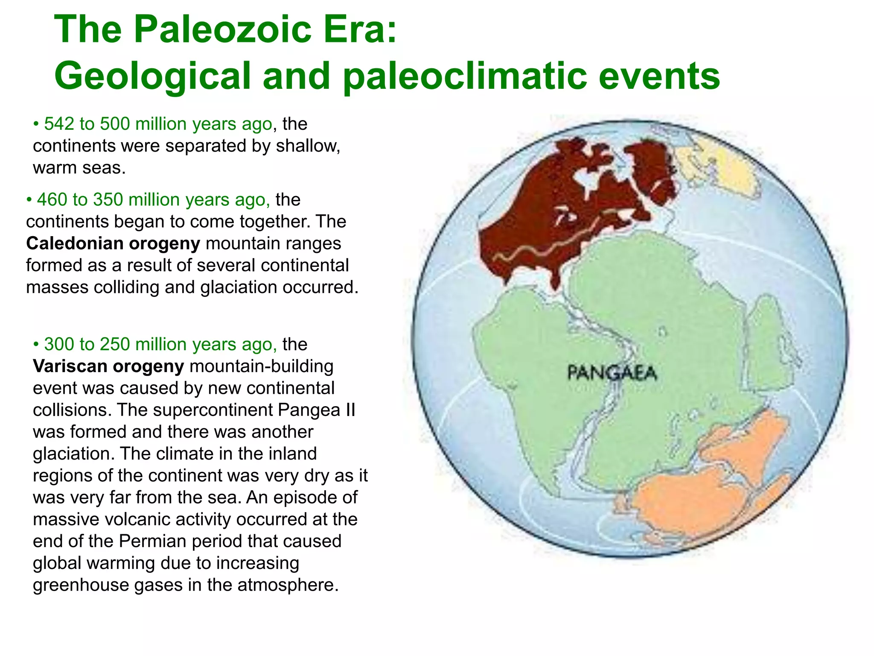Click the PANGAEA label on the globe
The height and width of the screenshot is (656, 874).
(x=612, y=373)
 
